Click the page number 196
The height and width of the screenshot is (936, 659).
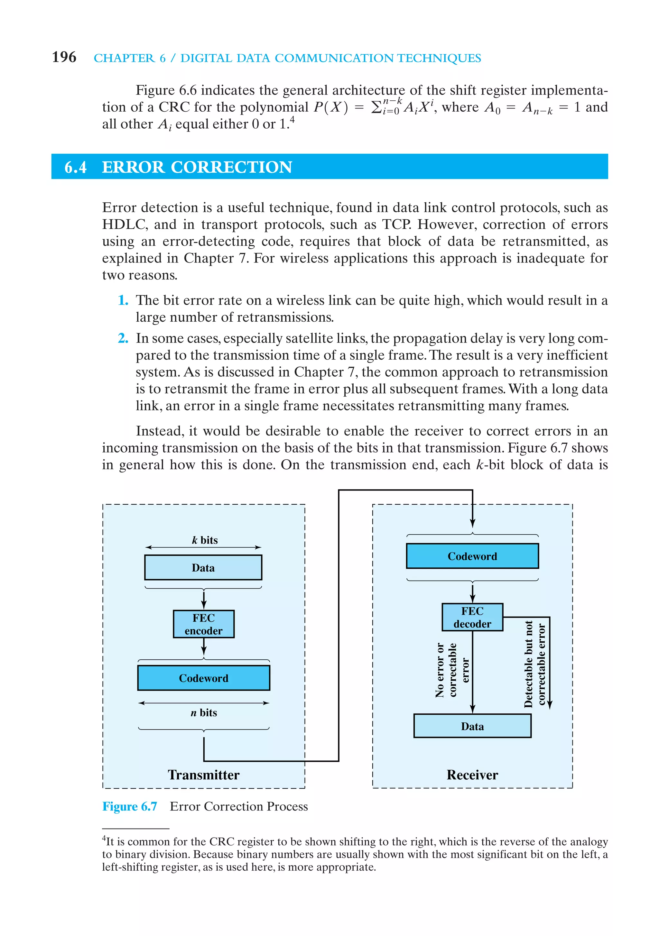(64, 57)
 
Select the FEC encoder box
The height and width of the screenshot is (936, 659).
(203, 624)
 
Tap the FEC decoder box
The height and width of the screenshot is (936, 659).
(472, 617)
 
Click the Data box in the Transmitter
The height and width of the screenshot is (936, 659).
(203, 567)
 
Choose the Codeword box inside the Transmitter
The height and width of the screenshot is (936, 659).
(203, 678)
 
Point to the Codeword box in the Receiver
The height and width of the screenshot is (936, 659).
(472, 556)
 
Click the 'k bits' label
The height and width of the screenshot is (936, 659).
(205, 540)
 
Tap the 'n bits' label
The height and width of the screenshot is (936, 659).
(203, 712)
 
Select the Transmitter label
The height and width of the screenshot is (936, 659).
(203, 775)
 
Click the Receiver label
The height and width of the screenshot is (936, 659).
(472, 775)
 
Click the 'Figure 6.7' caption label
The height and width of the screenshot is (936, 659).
(130, 806)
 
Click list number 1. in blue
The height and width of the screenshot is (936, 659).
(123, 300)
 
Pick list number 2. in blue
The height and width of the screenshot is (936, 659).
(123, 338)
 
